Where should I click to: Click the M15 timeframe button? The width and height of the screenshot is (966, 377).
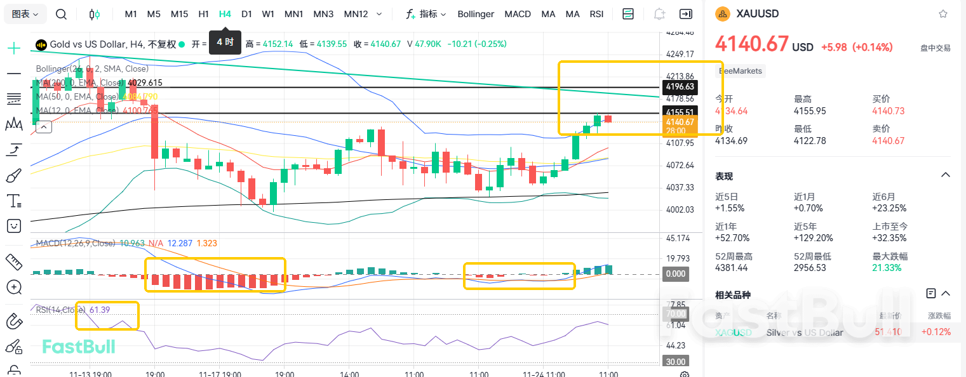click(179, 14)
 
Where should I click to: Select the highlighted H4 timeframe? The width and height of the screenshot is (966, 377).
click(225, 14)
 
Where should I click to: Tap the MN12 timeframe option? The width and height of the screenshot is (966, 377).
click(356, 14)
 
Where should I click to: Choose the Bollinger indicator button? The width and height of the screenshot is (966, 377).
click(476, 14)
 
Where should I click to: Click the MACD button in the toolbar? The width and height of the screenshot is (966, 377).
click(518, 14)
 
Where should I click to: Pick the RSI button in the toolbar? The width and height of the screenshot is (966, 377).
click(596, 14)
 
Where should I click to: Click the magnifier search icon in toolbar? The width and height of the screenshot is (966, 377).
click(61, 14)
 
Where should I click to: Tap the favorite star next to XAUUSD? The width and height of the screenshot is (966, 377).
click(943, 14)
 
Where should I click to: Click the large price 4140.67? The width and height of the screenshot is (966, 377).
click(751, 44)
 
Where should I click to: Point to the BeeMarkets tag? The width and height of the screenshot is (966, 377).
click(740, 71)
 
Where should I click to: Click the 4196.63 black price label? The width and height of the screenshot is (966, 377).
click(679, 86)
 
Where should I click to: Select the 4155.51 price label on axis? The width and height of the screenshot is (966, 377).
click(679, 112)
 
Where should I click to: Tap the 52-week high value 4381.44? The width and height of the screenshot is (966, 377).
click(731, 268)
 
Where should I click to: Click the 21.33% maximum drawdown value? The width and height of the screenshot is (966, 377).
click(887, 268)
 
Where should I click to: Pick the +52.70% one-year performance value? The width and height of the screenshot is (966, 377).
click(732, 238)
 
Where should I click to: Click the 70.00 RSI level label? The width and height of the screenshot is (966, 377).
click(674, 314)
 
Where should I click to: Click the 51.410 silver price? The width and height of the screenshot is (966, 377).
click(888, 332)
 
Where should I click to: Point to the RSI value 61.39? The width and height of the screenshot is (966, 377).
click(100, 310)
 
